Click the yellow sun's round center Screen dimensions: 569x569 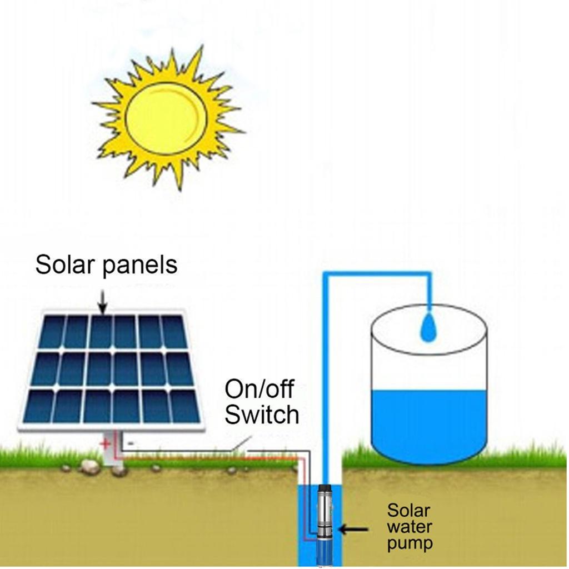coord(166,118)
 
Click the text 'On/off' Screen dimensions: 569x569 coord(259,389)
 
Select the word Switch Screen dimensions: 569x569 coord(262,415)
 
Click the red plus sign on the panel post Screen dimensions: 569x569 coord(104,444)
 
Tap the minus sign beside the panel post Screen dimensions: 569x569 coord(130,443)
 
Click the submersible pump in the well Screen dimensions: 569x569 coord(323,522)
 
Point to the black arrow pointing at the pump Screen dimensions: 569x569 coord(353,529)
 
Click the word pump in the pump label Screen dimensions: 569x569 coord(410,542)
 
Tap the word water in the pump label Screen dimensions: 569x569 coord(410,526)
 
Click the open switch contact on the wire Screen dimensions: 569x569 coord(236,446)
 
